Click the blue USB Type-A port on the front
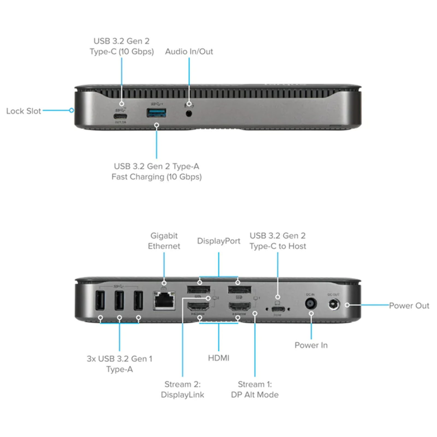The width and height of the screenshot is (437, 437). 157,113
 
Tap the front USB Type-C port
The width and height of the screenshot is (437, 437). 120,116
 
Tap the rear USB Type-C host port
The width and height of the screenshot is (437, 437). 278,309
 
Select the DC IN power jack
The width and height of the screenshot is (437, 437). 311,303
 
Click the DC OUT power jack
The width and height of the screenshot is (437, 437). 334,304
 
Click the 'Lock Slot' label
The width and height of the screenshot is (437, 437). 23,111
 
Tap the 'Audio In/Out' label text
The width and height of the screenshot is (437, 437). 189,52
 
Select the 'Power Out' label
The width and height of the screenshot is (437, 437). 409,306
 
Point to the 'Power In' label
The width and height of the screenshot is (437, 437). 311,345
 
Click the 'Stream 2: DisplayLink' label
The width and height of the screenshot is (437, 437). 182,389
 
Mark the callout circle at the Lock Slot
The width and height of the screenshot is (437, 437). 72,110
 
